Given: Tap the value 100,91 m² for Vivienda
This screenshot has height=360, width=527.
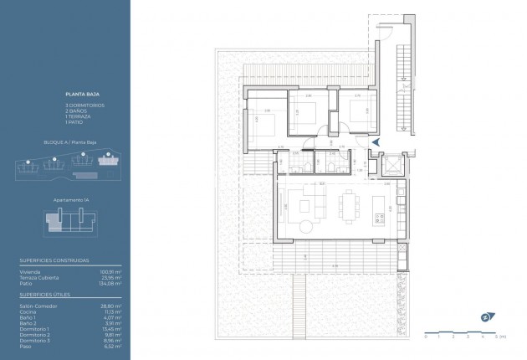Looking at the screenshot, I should pos(109,272).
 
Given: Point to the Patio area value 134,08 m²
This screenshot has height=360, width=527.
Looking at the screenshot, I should pos(109,284).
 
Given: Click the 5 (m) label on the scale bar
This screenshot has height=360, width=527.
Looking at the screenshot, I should pos(494,336).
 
